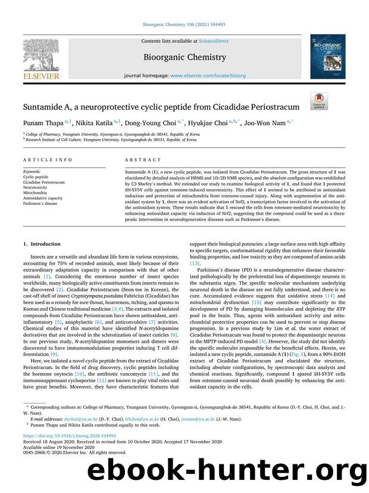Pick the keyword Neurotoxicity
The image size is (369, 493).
36,187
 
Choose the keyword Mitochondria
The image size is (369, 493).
36,193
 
